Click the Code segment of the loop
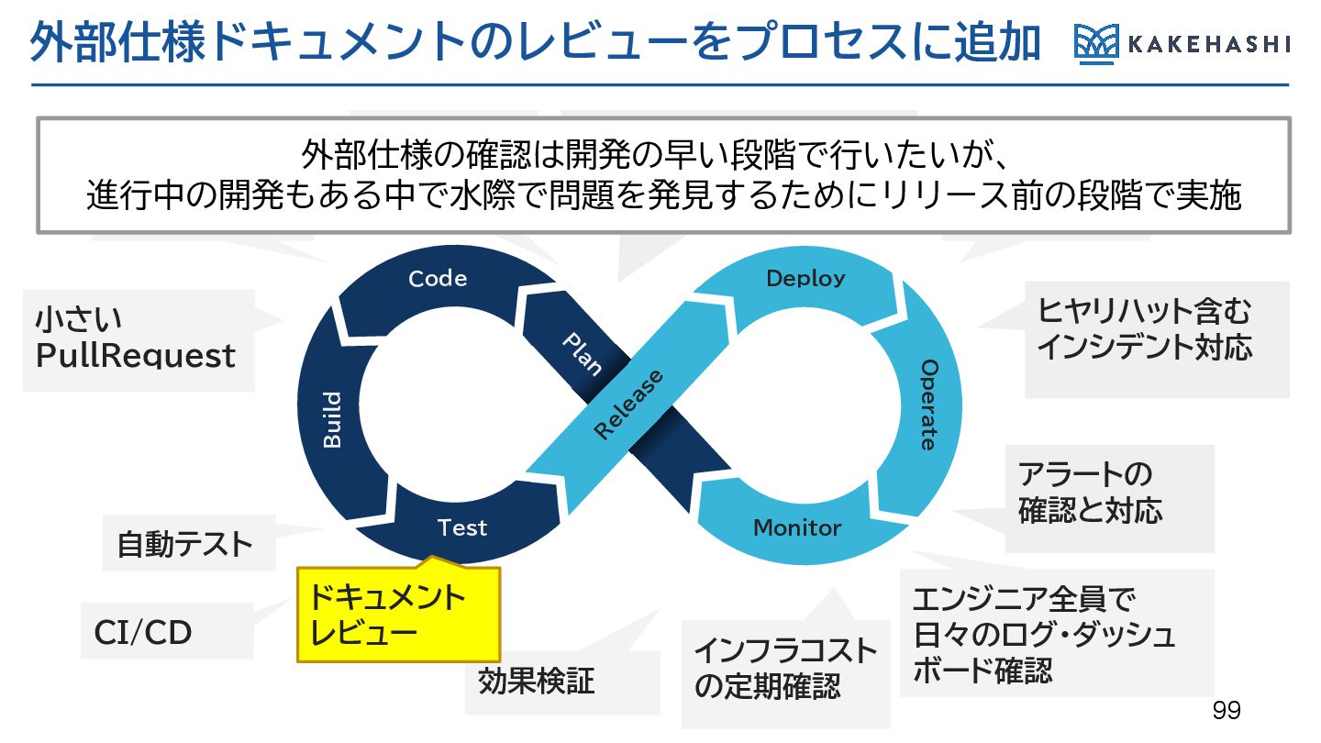pos(438,279)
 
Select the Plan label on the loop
pos(581,353)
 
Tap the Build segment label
pos(332,420)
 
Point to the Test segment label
pos(461,527)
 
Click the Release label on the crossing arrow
pos(628,405)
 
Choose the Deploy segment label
pos(805,278)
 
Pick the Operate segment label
pos(928,405)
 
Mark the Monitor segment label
pos(796,527)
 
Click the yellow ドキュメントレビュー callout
pos(398,615)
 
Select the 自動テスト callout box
pos(183,545)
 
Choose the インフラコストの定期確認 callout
pos(785,670)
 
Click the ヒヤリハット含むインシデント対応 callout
pos(1145,330)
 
